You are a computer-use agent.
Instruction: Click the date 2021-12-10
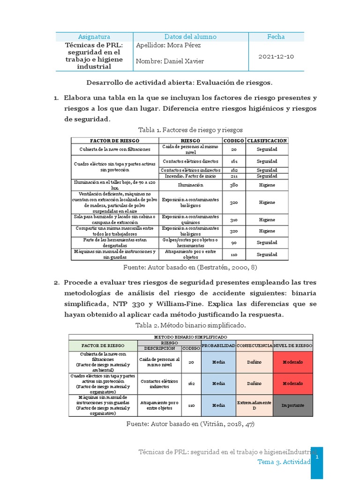276,56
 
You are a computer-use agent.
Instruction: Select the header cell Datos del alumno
190,37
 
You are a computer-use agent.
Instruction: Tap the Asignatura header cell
94,37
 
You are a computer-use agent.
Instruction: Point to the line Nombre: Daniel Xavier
170,61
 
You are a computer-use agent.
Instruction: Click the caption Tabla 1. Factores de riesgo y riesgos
190,129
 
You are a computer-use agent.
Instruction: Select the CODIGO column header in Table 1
233,141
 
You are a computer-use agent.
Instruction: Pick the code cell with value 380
233,185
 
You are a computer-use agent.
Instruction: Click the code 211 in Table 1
233,176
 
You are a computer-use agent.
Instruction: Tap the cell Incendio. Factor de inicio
190,176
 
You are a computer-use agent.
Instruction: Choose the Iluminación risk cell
190,185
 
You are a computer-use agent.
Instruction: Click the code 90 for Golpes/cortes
233,243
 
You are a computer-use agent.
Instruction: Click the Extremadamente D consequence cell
254,405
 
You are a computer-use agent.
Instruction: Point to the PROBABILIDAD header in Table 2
218,345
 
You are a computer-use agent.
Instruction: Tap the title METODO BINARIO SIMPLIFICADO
190,337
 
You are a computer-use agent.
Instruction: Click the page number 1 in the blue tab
317,456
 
